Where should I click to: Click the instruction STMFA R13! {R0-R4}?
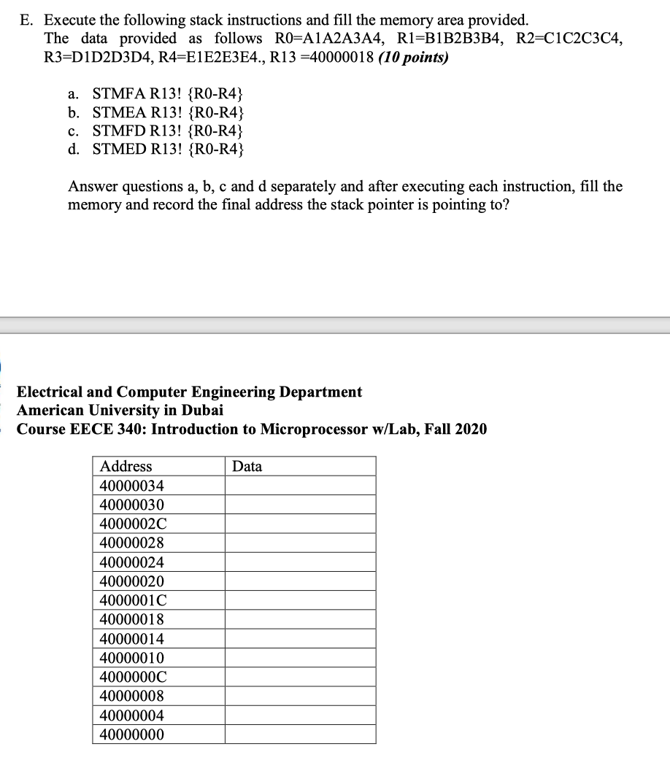pyautogui.click(x=168, y=93)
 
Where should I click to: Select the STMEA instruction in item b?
pyautogui.click(x=168, y=112)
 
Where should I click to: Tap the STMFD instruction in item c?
pyautogui.click(x=168, y=131)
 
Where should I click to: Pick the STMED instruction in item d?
pyautogui.click(x=168, y=150)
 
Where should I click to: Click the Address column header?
pyautogui.click(x=126, y=466)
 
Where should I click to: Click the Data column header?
pyautogui.click(x=247, y=466)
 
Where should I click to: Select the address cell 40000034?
pyautogui.click(x=132, y=486)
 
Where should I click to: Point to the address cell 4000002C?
pyautogui.click(x=133, y=524)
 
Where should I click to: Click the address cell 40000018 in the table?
pyautogui.click(x=132, y=619)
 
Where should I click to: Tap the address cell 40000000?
pyautogui.click(x=132, y=734)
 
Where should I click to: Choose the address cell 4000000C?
pyautogui.click(x=133, y=676)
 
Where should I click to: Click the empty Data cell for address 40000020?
pyautogui.click(x=300, y=581)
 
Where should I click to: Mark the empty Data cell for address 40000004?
pyautogui.click(x=300, y=715)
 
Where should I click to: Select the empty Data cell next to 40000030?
pyautogui.click(x=300, y=505)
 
